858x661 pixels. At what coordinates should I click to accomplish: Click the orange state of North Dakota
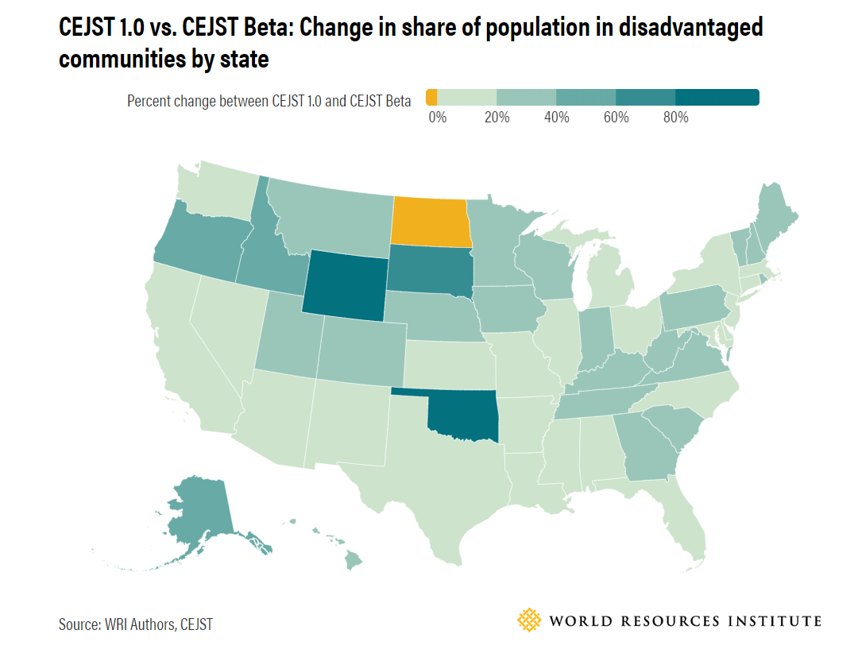coord(429,221)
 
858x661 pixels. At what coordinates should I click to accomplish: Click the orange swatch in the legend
coord(431,98)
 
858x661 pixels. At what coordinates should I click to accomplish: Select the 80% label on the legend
coord(675,118)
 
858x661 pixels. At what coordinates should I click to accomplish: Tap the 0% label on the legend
coord(438,118)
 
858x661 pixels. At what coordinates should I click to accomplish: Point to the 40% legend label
coord(556,118)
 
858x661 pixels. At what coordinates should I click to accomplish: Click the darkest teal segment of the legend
coord(717,98)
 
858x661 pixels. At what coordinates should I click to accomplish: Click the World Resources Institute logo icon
coord(528,620)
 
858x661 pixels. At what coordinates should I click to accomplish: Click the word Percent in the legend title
coord(148,101)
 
